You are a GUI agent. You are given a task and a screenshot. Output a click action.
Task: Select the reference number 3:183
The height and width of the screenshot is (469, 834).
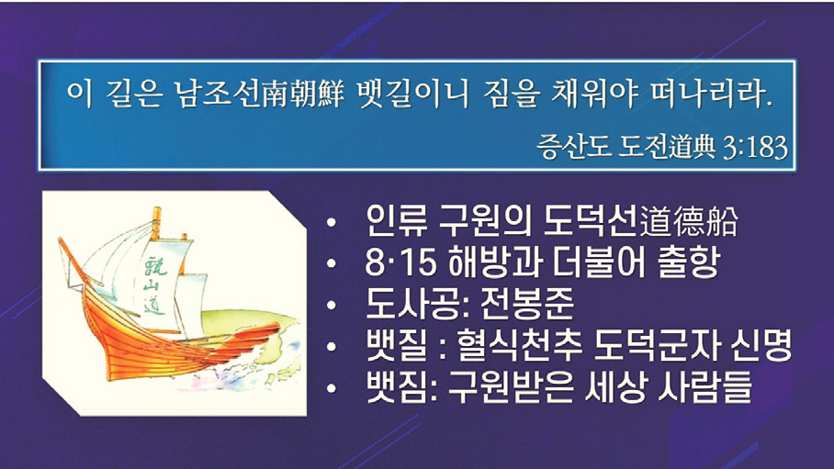[755, 146]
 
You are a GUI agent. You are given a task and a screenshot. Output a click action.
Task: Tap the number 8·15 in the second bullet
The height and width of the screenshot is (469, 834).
[400, 262]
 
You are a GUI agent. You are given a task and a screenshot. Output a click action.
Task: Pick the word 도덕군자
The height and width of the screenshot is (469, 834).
[654, 346]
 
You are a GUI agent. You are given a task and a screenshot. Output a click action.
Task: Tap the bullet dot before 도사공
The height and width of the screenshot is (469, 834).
[332, 306]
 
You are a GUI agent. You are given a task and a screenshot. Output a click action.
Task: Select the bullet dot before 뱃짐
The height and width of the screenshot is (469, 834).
[332, 388]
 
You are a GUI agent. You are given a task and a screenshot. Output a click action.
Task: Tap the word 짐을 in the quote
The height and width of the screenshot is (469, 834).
[513, 95]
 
